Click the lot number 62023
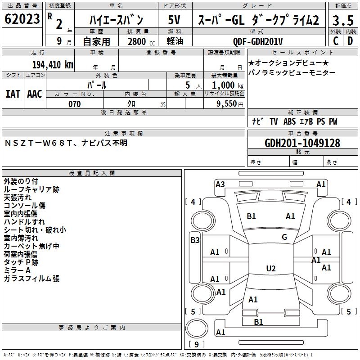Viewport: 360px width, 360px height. pos(22,20)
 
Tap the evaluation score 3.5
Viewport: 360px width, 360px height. pos(343,20)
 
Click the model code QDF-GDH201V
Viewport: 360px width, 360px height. pos(258,41)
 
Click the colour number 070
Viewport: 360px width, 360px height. pos(74,104)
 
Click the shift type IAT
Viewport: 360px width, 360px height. pos(13,94)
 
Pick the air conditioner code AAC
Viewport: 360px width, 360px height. pos(35,94)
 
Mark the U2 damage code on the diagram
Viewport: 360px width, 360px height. pos(270,269)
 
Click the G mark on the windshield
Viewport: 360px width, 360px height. pos(284,237)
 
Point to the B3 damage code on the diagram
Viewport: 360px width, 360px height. pos(195,240)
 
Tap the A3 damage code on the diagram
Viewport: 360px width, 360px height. pos(220,184)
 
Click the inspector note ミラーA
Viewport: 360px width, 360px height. pos(17,270)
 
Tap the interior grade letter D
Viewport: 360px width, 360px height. pos(350,41)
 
